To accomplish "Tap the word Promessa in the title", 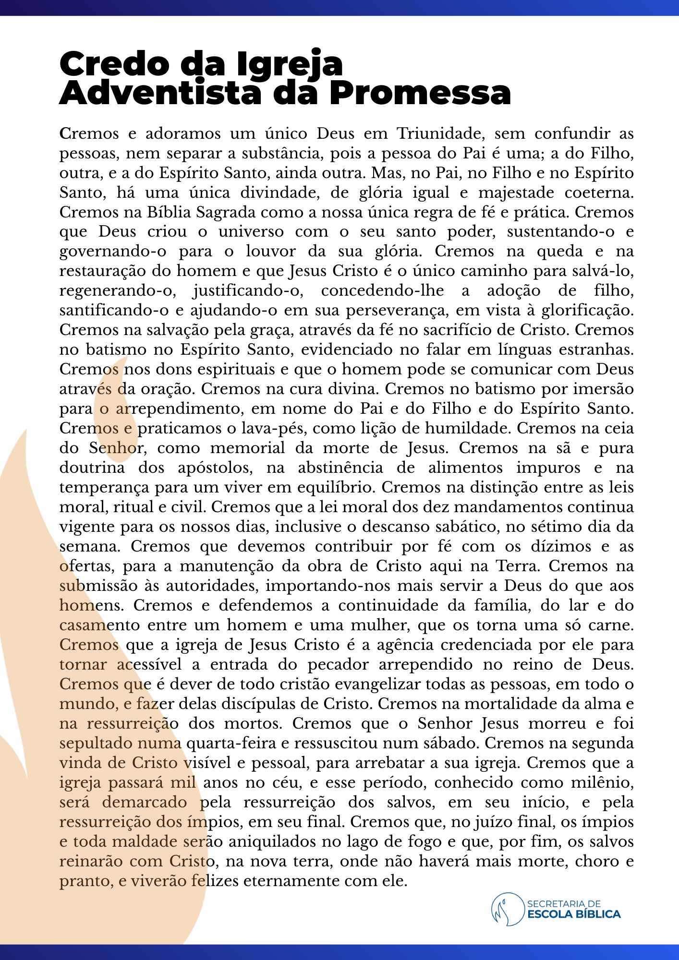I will point(420,93).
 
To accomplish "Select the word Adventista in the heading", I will point(162,93).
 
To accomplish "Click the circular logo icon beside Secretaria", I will point(507,909).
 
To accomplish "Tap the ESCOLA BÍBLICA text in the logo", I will point(574,914).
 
